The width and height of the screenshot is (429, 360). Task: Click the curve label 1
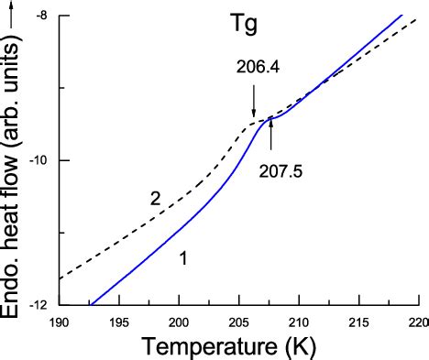pos(182,259)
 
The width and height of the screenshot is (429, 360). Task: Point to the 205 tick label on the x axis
pos(238,322)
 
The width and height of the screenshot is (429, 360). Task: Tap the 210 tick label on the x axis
pos(299,322)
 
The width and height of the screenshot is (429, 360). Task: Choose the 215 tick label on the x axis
pos(359,322)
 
